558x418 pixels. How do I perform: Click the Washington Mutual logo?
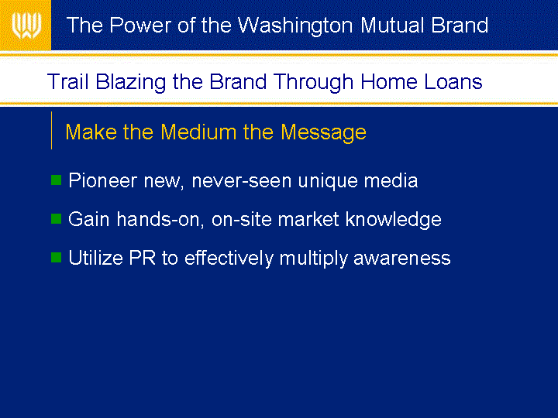click(26, 26)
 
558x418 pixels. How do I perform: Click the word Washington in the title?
click(295, 26)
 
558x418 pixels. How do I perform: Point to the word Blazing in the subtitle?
click(131, 82)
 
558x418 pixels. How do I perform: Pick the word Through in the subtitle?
click(314, 82)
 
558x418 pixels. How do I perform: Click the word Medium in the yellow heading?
click(198, 132)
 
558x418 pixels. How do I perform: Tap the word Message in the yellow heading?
click(323, 133)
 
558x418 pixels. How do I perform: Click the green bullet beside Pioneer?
click(57, 180)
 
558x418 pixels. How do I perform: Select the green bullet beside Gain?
click(57, 218)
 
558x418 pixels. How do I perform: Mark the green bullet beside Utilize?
click(57, 257)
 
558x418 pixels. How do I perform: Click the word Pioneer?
click(102, 180)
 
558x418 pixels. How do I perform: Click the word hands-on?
click(160, 219)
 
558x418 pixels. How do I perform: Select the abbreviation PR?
click(143, 257)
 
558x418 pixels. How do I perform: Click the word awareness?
click(402, 258)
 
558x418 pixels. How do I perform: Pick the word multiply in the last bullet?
click(313, 258)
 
